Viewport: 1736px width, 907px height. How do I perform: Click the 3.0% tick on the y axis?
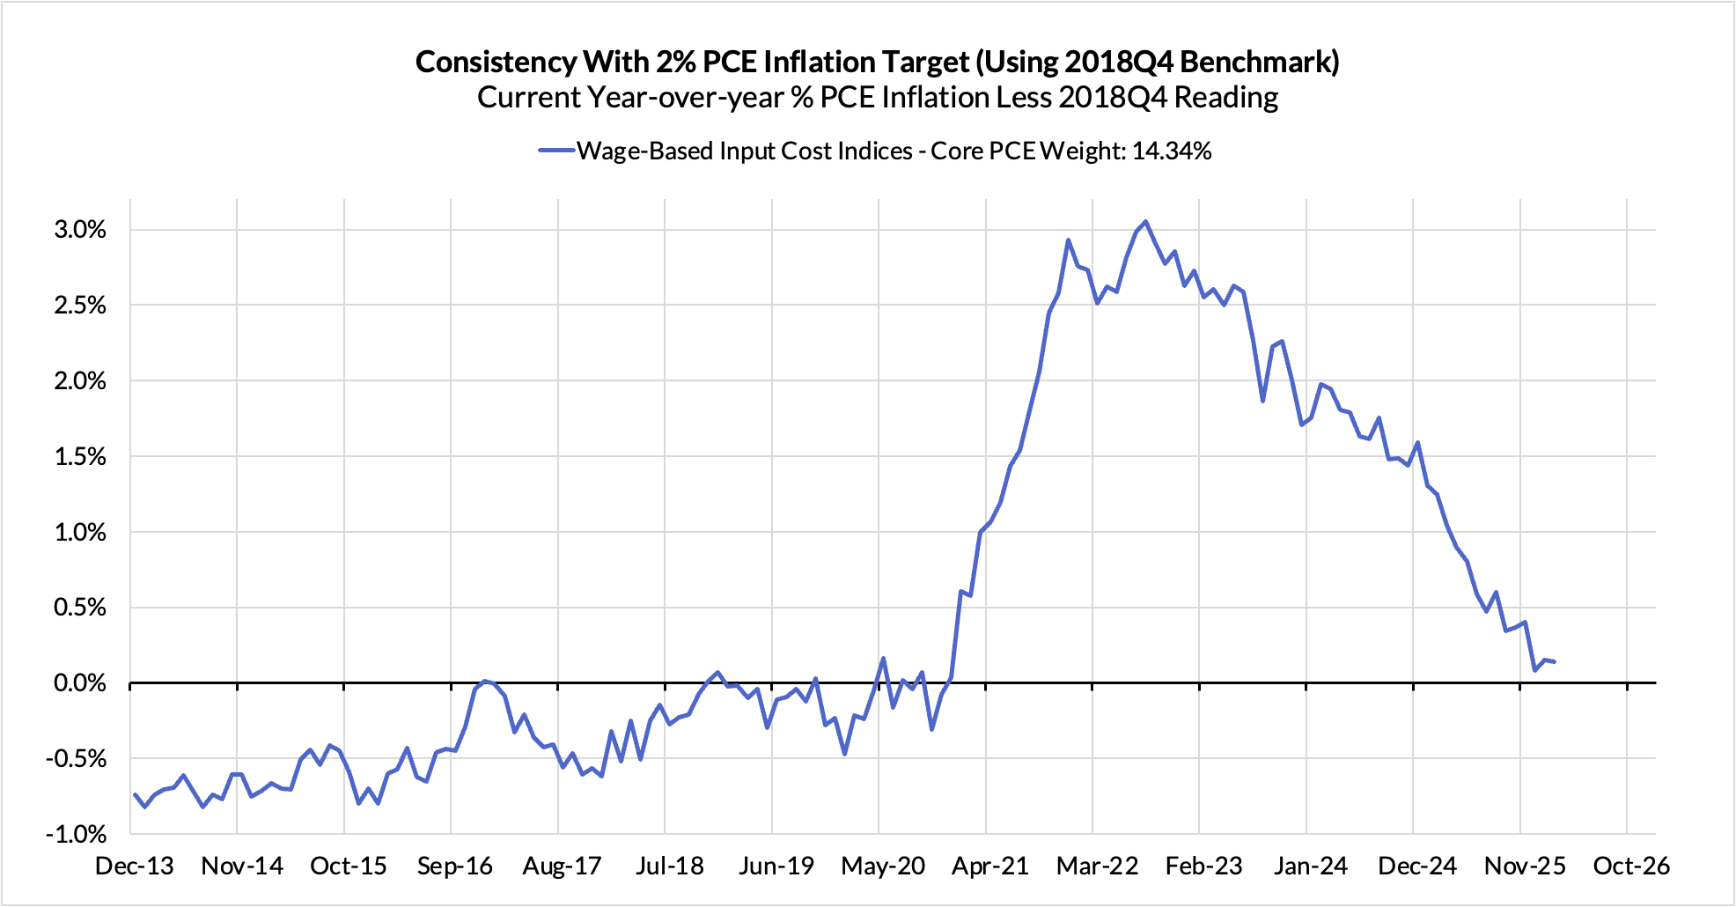79,230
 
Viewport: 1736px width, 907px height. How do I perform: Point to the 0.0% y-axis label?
79,683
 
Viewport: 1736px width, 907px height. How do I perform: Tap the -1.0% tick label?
76,834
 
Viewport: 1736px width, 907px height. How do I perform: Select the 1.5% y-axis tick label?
79,457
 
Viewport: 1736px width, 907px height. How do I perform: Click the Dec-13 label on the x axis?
135,866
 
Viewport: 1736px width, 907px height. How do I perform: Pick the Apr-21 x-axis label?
990,866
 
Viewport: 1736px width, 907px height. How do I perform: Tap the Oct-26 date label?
1631,866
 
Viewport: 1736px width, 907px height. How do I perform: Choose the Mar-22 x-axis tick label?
1097,866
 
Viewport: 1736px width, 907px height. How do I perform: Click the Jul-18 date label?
669,866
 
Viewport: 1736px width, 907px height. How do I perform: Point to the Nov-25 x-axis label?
1525,866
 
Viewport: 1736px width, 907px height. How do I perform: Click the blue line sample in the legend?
556,151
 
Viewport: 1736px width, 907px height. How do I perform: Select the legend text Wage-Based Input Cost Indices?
744,151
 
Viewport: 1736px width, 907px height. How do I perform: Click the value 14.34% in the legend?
1171,151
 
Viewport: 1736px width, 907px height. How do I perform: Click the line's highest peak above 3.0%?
1145,222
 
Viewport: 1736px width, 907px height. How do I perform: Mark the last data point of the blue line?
1555,661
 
